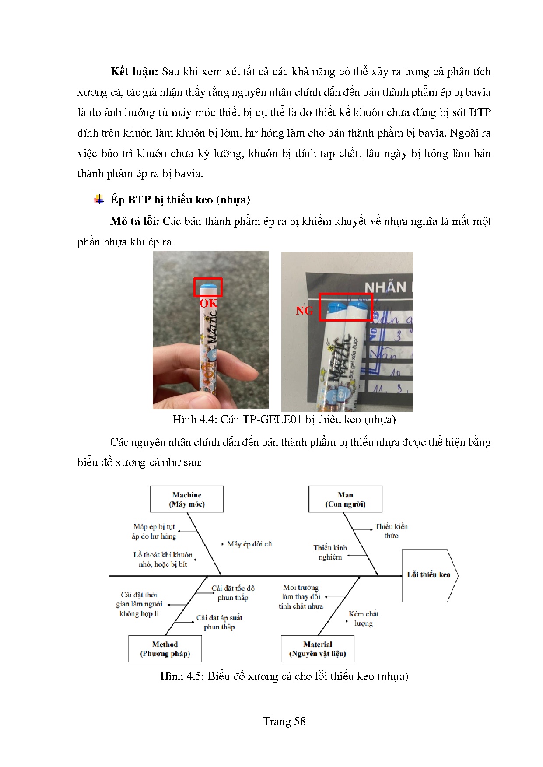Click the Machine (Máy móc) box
pos(187,499)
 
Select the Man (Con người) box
pos(345,499)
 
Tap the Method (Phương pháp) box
pos(165,649)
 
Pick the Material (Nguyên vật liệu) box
pos(318,649)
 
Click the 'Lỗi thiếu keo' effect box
pos(429,575)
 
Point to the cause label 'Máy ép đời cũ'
pos(249,544)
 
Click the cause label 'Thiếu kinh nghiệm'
pos(330,552)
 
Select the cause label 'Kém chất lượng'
pos(363,619)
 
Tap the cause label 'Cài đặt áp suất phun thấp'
pos(219,622)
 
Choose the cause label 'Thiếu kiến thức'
pos(391,531)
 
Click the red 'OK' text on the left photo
pos(208,303)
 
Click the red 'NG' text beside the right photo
pos(304,311)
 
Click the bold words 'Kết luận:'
pos(134,72)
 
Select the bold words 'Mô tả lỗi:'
pos(134,221)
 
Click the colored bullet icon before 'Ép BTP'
pos(99,200)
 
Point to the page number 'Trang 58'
pos(284,721)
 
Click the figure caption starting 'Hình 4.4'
pos(284,420)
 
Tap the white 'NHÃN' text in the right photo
pos(385,287)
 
